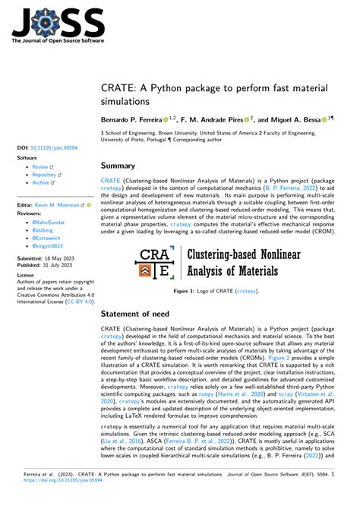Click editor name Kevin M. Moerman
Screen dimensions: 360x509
tap(62, 205)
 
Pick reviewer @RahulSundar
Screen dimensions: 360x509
tap(50, 223)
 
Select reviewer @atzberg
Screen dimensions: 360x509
tap(44, 231)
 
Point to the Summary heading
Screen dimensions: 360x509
tap(118, 166)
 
